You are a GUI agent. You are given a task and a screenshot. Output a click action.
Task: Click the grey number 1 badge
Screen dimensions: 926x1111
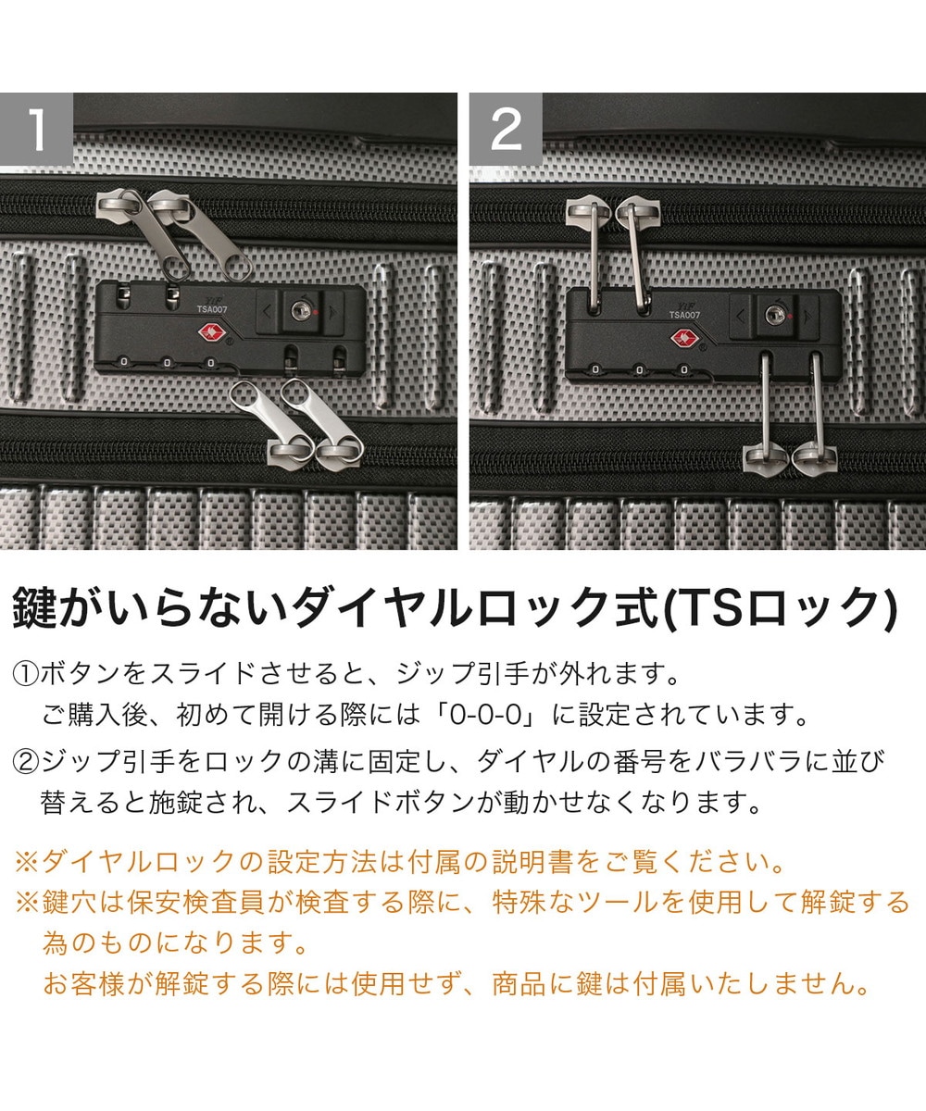[x=36, y=129]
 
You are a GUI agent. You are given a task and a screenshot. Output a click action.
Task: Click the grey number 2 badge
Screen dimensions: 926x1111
[x=506, y=129]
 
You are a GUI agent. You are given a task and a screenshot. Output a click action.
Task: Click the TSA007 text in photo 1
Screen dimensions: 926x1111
[x=212, y=309]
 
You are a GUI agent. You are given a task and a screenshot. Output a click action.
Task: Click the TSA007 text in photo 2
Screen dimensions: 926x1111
[x=685, y=315]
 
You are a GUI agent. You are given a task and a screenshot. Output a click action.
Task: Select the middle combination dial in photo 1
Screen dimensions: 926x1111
[x=167, y=364]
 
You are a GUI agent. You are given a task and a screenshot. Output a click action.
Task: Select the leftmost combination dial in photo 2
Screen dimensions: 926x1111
[x=595, y=369]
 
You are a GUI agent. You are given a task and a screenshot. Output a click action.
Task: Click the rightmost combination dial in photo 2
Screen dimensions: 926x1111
[x=684, y=369]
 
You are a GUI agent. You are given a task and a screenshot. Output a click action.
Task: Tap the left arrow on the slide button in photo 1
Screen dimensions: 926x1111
[x=268, y=311]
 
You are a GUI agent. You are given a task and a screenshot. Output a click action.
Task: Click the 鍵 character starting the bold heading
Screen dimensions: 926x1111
[x=34, y=608]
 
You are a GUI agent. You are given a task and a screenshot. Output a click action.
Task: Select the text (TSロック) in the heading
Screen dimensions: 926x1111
[x=782, y=608]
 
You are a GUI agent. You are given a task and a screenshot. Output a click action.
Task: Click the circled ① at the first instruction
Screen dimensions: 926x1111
[x=26, y=675]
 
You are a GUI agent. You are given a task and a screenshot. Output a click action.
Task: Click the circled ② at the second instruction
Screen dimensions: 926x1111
[x=26, y=763]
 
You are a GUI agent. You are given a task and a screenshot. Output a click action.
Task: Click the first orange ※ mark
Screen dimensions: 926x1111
[x=28, y=862]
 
